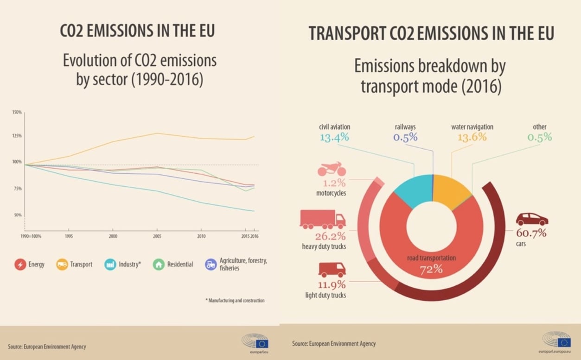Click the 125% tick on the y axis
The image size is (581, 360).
[x=17, y=135]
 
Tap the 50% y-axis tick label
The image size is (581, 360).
[x=18, y=215]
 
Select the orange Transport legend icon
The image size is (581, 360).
[x=62, y=265]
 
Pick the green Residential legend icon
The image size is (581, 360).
[x=159, y=265]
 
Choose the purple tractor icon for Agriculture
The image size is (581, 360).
[x=211, y=265]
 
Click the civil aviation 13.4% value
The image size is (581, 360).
[x=334, y=137]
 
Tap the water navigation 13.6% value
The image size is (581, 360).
[x=472, y=137]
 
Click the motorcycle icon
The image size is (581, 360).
[x=331, y=168]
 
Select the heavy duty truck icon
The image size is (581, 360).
[x=323, y=219]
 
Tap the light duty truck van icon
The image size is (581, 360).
[x=332, y=270]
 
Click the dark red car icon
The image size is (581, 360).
[x=532, y=219]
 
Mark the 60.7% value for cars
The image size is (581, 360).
[x=532, y=232]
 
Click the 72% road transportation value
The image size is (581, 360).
[x=431, y=269]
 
